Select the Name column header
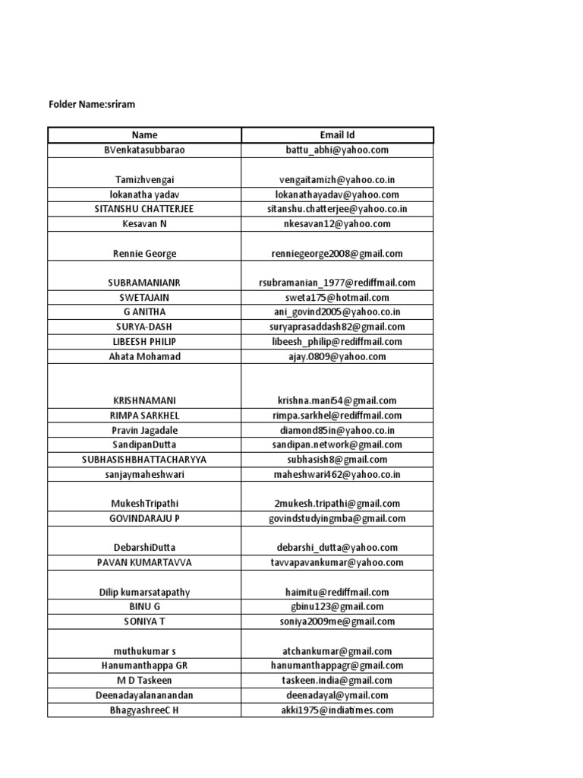[144, 135]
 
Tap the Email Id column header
[337, 135]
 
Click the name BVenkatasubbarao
[144, 150]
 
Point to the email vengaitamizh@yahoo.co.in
[337, 180]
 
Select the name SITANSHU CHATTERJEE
[144, 209]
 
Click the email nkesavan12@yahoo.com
[337, 224]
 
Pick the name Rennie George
[144, 254]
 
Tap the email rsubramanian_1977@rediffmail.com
[337, 283]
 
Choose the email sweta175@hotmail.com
[337, 298]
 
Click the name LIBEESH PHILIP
[144, 342]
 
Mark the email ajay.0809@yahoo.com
[337, 356]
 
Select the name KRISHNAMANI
[144, 400]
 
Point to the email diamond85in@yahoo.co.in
[337, 430]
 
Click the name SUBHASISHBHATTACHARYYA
[144, 460]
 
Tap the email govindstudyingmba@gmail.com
[337, 519]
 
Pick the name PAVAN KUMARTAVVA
[144, 563]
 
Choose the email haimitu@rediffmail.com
[337, 592]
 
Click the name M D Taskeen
[144, 681]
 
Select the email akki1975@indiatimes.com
[337, 710]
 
